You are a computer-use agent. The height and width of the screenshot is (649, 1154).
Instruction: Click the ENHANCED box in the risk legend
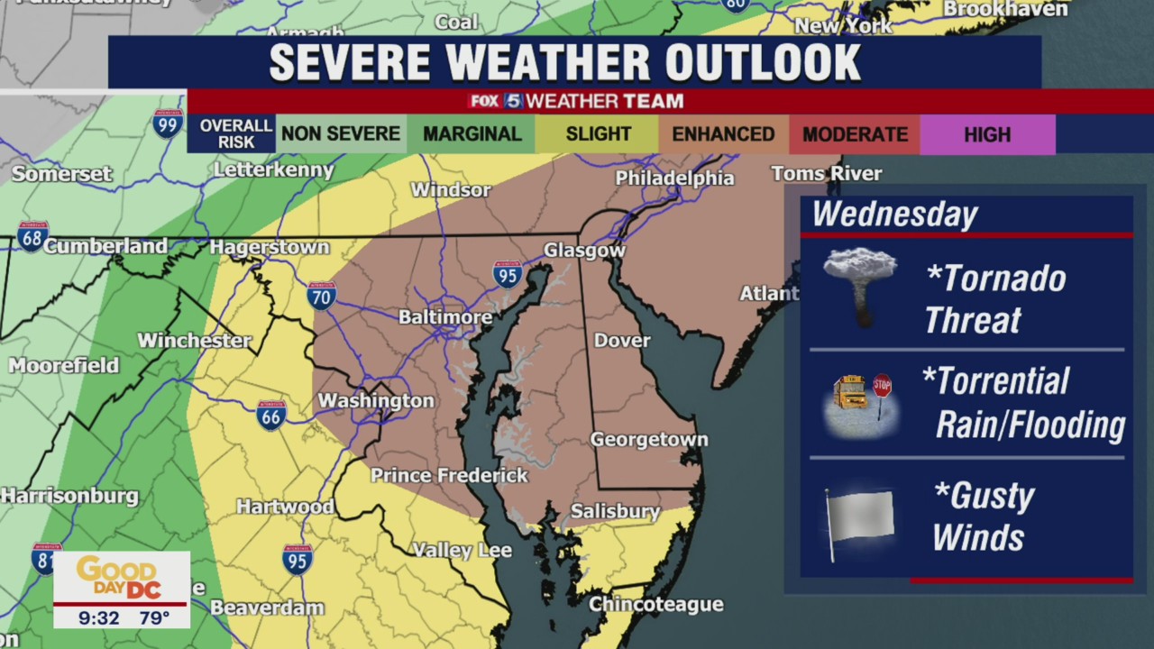723,134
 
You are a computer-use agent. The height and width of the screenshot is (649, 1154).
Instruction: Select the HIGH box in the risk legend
987,134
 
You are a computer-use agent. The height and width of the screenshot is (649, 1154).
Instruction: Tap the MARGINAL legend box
472,134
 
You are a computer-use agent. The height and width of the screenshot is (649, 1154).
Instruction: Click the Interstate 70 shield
322,295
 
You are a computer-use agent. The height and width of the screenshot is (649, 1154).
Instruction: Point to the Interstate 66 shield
270,415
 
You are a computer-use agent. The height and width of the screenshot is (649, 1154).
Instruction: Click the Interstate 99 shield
168,123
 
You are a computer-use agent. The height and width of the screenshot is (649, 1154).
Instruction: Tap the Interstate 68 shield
32,236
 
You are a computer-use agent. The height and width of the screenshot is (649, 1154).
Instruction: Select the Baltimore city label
445,317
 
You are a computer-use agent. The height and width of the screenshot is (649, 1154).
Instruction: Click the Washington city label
376,400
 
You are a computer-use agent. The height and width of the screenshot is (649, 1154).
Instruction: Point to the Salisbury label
616,511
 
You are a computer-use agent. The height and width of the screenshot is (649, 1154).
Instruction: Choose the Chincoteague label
656,604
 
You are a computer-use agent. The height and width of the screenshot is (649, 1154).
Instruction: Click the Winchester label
194,341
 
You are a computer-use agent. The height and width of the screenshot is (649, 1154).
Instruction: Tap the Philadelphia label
674,178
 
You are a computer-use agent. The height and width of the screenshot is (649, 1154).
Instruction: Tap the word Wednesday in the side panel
894,215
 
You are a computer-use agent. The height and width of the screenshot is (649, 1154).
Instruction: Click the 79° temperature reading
154,617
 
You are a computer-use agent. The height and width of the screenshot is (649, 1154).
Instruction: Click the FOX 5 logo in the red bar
495,101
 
